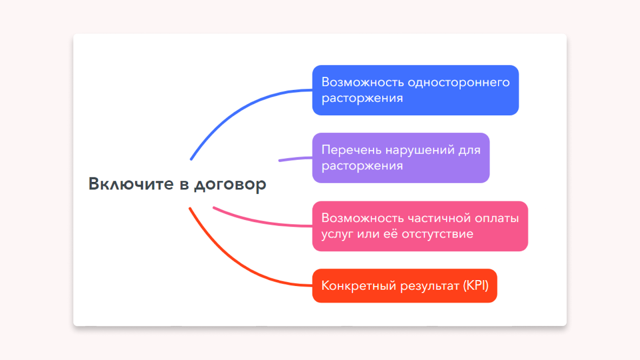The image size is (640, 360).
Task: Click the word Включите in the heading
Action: [x=131, y=184]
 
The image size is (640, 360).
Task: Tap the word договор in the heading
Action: [x=230, y=185]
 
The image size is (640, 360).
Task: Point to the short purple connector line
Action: [x=296, y=158]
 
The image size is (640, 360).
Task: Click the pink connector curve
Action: [x=260, y=220]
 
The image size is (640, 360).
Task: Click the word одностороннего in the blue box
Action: [x=458, y=83]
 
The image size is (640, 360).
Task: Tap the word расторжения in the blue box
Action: [x=362, y=98]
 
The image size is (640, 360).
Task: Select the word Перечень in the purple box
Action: [x=352, y=150]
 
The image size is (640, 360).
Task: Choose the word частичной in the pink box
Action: [x=439, y=218]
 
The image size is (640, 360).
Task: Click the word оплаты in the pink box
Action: [x=497, y=219]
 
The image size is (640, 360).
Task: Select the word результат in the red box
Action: [x=430, y=286]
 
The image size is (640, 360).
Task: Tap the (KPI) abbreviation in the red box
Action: [x=476, y=286]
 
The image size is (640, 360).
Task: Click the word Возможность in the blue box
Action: [x=362, y=82]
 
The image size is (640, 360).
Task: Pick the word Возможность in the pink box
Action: [x=362, y=218]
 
